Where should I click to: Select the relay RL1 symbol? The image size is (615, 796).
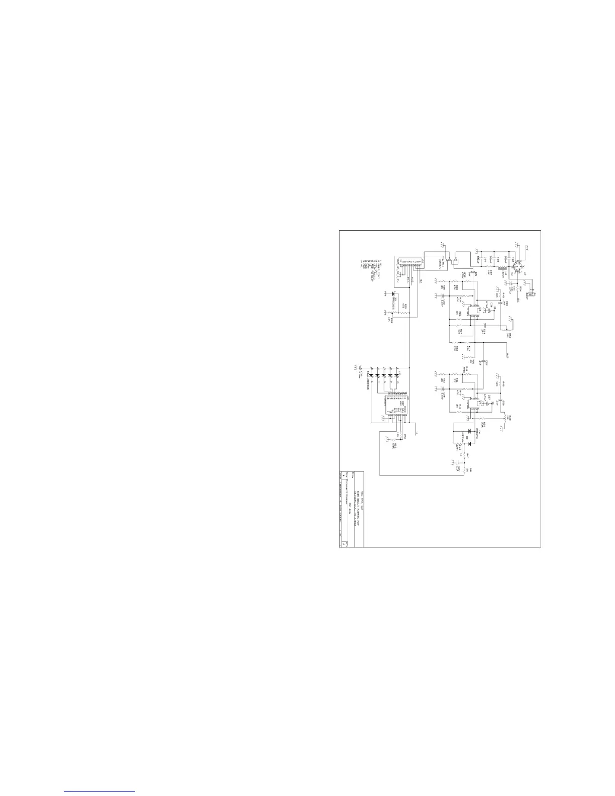pyautogui.click(x=454, y=261)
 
